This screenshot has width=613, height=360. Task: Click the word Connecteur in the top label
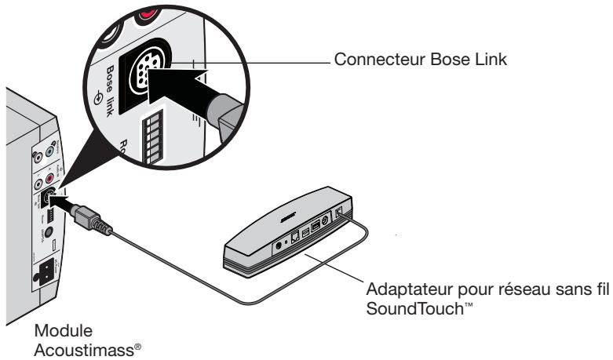click(x=367, y=61)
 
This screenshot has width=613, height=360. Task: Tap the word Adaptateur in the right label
click(x=402, y=289)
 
